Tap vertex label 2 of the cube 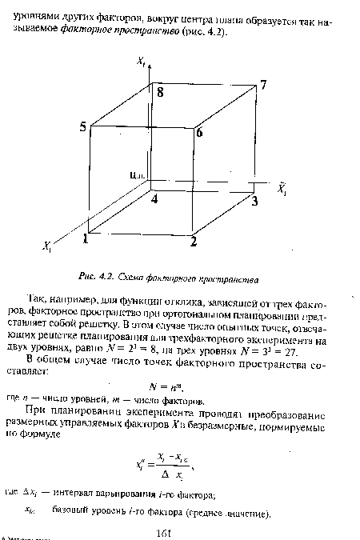tap(194, 240)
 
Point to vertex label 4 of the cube tap(156, 198)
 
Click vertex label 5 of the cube tap(83, 127)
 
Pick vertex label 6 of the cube tap(200, 134)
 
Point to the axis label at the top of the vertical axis tap(140, 61)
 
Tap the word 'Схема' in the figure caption tap(145, 279)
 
